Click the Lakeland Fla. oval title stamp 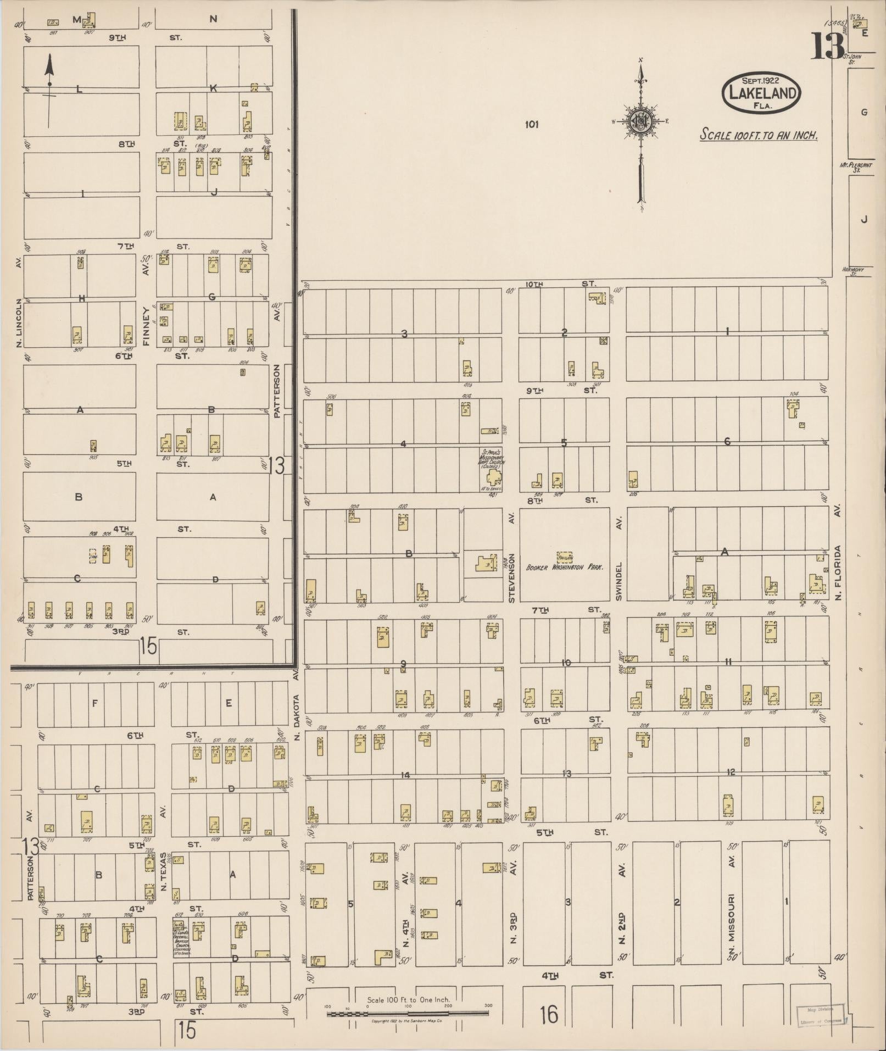point(761,93)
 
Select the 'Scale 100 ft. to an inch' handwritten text point(759,135)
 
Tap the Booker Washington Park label point(565,568)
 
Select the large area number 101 point(531,125)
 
